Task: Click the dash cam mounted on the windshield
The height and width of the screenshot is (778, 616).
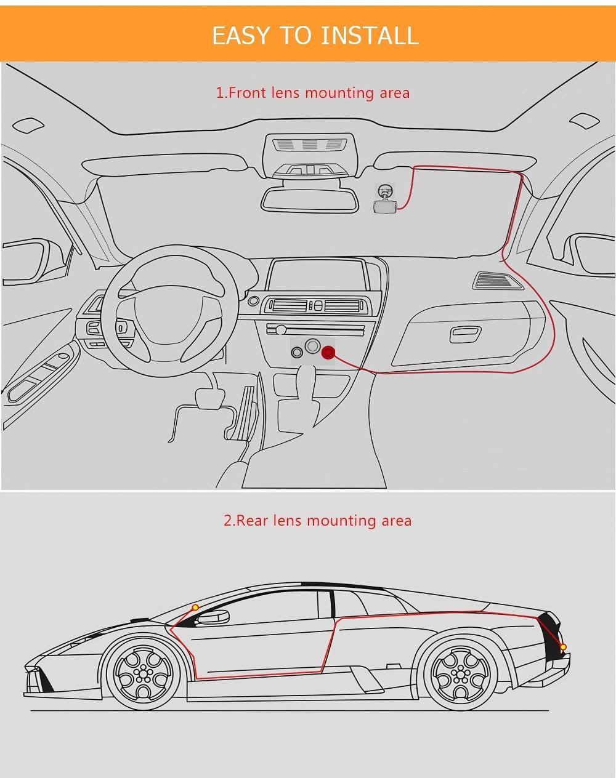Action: [386, 201]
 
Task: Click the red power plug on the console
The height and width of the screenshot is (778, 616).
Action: [328, 353]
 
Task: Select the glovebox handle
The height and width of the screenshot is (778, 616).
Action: [465, 334]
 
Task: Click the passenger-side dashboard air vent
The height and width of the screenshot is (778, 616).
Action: [498, 281]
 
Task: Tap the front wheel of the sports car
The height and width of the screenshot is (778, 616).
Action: [144, 672]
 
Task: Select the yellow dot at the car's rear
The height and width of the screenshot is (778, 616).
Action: [562, 647]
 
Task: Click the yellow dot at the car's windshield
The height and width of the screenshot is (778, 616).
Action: [195, 608]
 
